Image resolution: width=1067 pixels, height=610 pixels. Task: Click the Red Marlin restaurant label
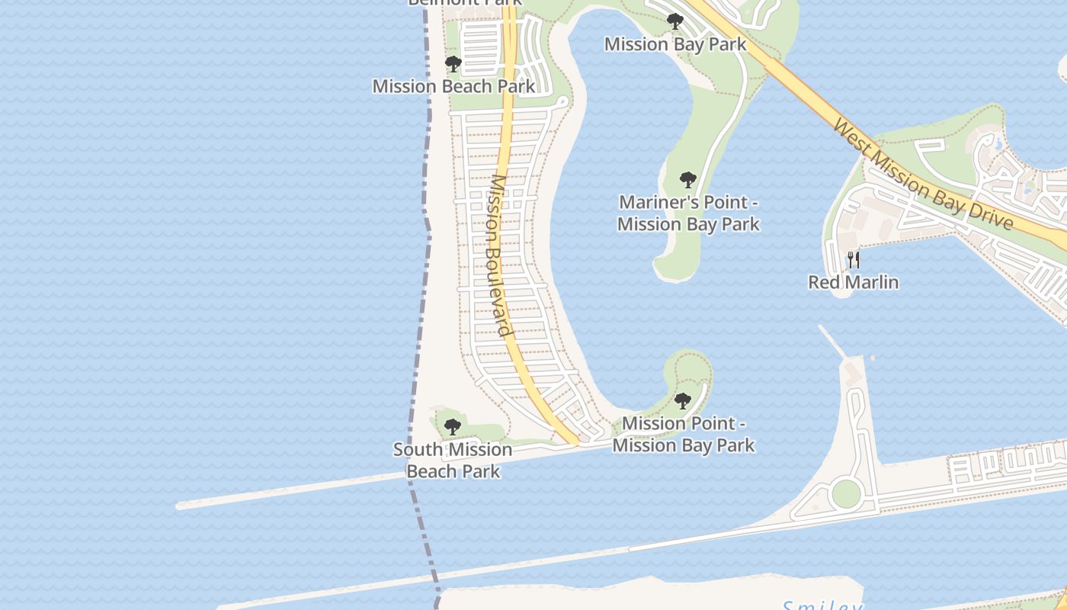(853, 282)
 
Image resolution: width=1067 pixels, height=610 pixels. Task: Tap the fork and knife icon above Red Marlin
(854, 260)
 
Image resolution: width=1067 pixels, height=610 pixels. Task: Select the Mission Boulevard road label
(499, 255)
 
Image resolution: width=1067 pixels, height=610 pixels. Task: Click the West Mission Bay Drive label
(923, 174)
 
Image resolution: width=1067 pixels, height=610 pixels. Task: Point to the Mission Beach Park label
(453, 86)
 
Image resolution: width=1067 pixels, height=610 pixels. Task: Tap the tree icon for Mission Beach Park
(453, 63)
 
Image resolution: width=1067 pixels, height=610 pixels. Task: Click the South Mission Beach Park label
(453, 461)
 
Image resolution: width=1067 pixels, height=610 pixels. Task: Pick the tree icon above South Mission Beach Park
(453, 427)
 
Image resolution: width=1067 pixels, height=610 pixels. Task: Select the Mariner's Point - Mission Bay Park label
(688, 213)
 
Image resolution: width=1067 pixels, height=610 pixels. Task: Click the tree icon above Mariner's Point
(688, 181)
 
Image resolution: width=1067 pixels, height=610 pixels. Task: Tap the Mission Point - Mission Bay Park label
(684, 434)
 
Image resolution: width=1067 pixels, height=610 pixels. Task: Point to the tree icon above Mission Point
(683, 401)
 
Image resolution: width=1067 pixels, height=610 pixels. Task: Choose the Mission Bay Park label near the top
(675, 44)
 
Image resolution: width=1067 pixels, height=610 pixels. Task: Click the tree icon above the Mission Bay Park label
(674, 21)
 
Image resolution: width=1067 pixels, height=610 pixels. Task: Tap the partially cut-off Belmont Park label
(465, 2)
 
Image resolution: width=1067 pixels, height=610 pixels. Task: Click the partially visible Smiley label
(823, 605)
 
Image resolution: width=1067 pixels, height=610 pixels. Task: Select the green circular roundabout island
(846, 494)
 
